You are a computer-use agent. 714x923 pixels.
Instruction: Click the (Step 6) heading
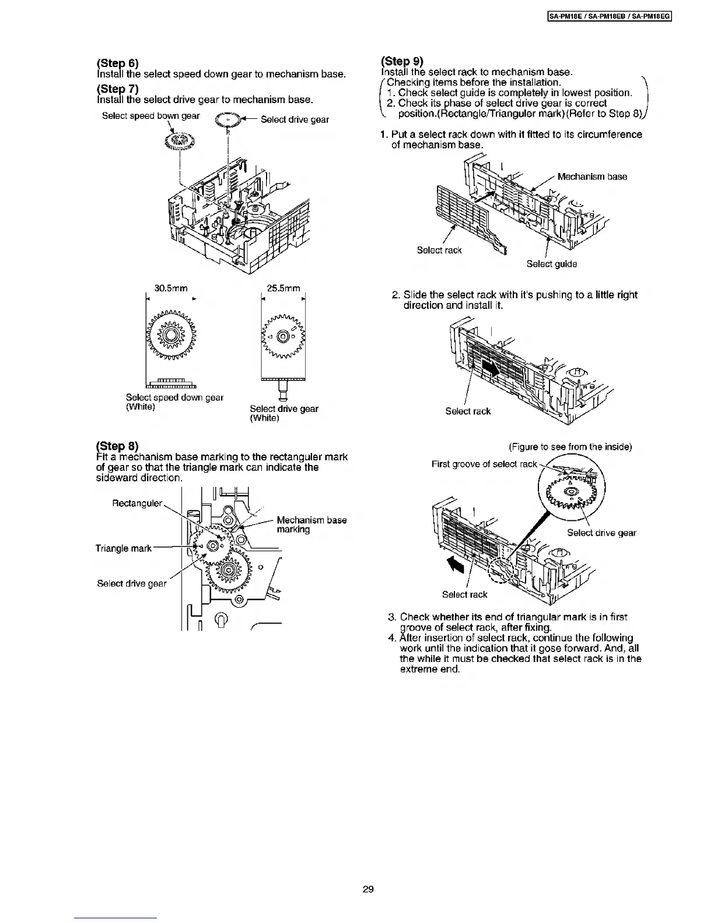pyautogui.click(x=117, y=63)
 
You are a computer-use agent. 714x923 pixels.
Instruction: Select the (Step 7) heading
pyautogui.click(x=117, y=89)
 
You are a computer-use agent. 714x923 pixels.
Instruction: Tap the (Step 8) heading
pyautogui.click(x=117, y=446)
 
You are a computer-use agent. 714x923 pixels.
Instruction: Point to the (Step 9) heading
pyautogui.click(x=401, y=61)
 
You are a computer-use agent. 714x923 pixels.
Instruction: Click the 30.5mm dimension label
pyautogui.click(x=170, y=288)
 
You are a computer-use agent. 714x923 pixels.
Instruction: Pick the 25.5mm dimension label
pyautogui.click(x=283, y=288)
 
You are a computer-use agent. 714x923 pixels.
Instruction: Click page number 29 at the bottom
pyautogui.click(x=367, y=889)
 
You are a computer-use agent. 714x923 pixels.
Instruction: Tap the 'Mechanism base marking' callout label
pyautogui.click(x=311, y=524)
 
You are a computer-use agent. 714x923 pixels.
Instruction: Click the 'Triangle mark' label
pyautogui.click(x=123, y=548)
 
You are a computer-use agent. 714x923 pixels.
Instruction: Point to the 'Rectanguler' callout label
pyautogui.click(x=137, y=503)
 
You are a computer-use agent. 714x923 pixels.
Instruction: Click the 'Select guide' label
pyautogui.click(x=551, y=264)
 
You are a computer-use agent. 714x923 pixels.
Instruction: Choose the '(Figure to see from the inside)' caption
pyautogui.click(x=570, y=447)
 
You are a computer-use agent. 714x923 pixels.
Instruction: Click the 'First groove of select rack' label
pyautogui.click(x=484, y=464)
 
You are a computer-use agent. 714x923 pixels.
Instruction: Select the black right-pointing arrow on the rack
pyautogui.click(x=489, y=368)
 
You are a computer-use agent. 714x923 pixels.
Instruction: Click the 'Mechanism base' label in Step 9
pyautogui.click(x=592, y=177)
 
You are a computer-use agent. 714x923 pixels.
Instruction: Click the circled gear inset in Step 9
pyautogui.click(x=571, y=488)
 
